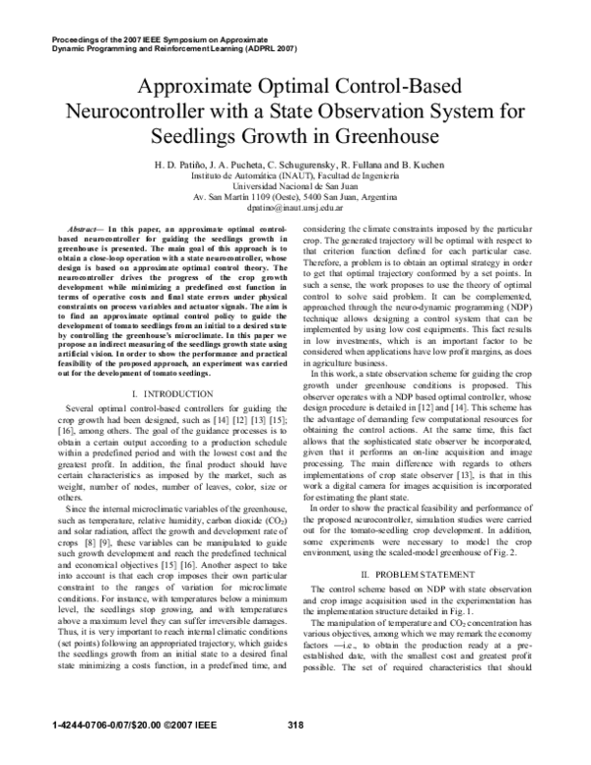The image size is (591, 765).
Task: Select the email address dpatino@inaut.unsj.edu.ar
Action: tap(295, 208)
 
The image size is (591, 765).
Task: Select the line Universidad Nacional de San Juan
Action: tap(295, 185)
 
